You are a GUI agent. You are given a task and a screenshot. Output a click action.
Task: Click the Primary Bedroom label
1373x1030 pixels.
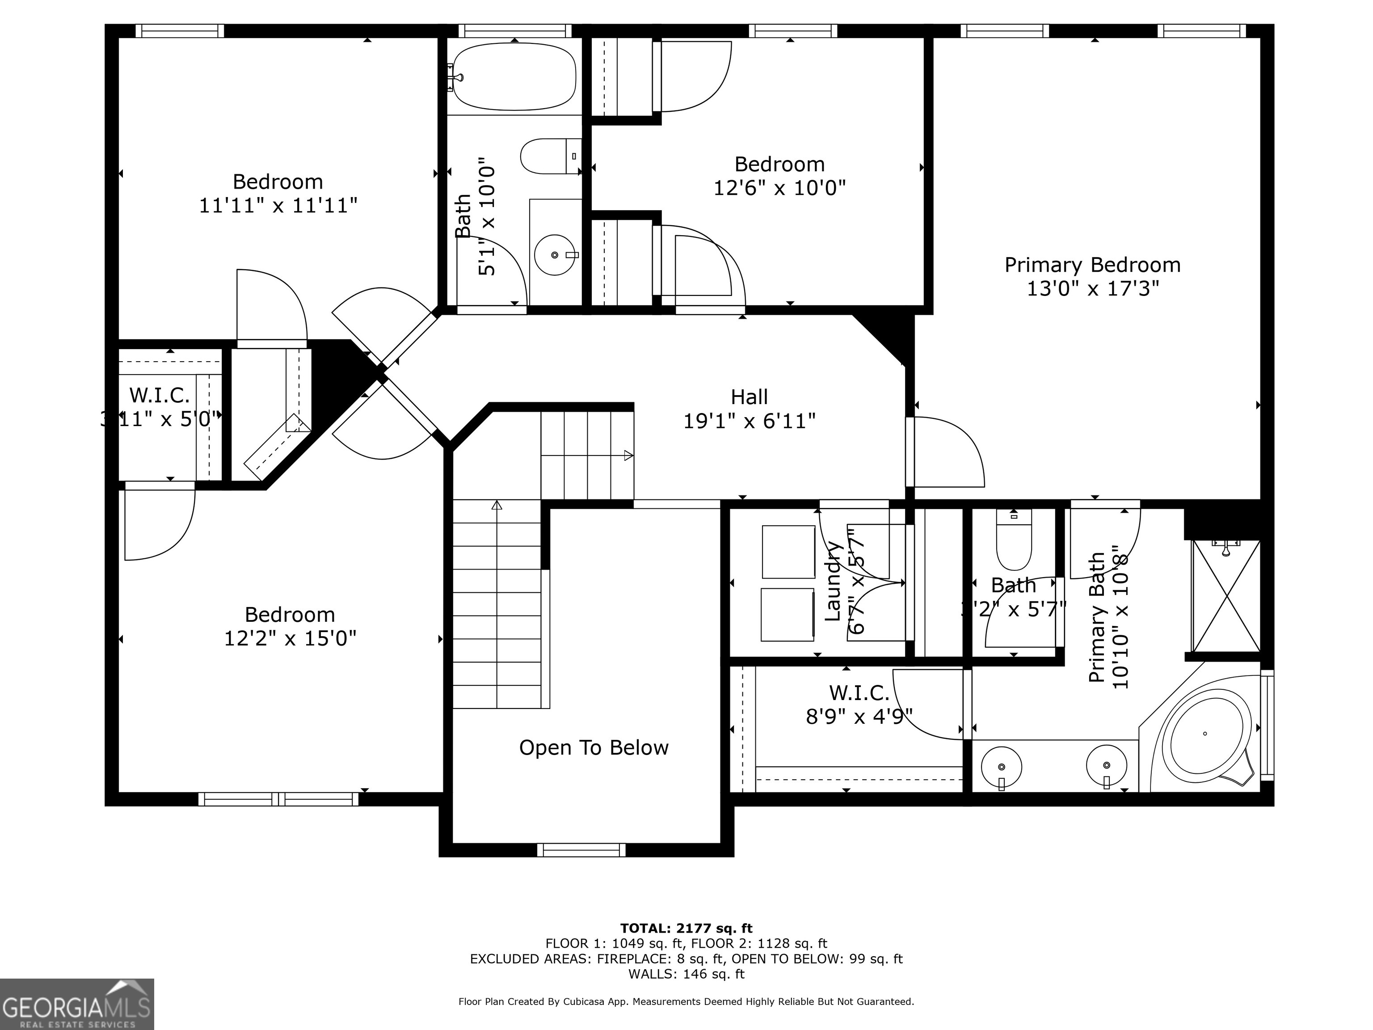[x=1092, y=265]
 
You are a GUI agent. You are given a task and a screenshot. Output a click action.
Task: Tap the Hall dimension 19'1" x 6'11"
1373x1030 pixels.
[x=749, y=422]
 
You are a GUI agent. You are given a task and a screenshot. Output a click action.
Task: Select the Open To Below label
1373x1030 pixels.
[x=594, y=747]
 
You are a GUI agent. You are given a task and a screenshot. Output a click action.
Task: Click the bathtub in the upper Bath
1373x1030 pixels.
[x=514, y=77]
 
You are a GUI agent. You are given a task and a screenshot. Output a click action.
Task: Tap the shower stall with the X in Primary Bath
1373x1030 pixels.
[x=1226, y=596]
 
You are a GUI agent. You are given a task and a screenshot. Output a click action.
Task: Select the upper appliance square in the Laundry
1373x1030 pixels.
[x=788, y=551]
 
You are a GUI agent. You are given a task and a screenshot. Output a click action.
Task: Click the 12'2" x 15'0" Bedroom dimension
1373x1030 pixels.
[x=290, y=638]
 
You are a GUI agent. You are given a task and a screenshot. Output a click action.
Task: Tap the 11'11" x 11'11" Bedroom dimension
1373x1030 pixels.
[x=278, y=206]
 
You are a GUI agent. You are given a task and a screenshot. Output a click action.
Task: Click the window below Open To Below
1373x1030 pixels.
[x=581, y=850]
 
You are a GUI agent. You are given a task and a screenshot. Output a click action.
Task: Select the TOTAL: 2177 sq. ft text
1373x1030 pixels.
[x=686, y=928]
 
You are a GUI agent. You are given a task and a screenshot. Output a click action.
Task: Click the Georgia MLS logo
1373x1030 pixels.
[x=76, y=1004]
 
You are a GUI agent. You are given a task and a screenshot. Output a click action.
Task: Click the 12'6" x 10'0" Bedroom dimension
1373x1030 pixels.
[x=779, y=187]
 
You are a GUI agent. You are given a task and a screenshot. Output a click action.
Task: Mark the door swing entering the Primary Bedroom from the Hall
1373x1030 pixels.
[x=947, y=453]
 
